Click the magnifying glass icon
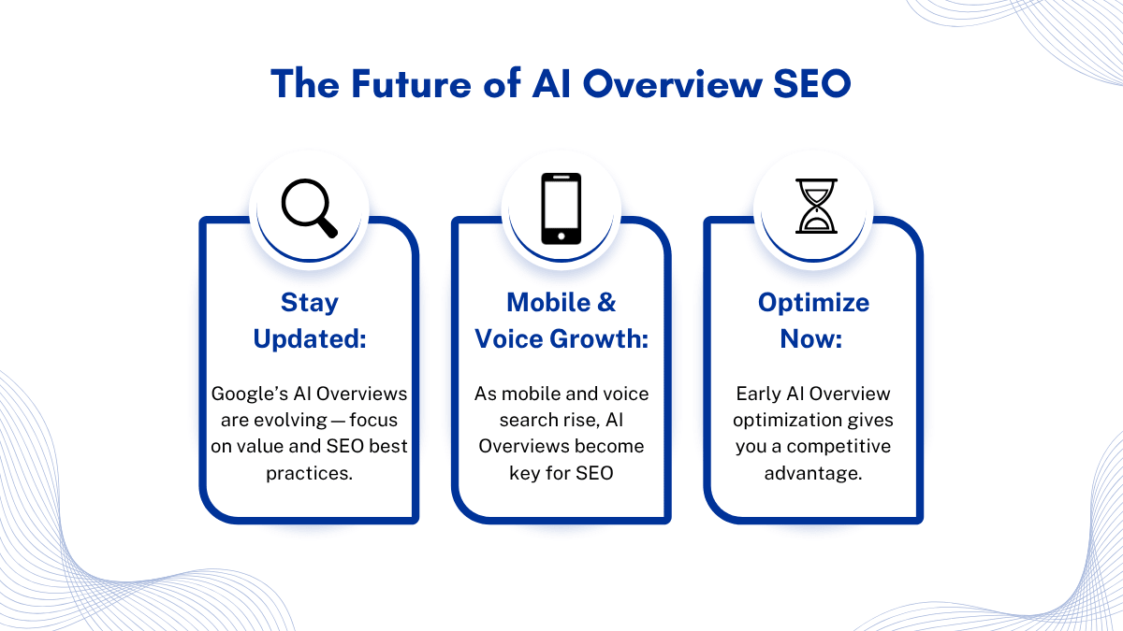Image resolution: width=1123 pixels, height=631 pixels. pyautogui.click(x=310, y=208)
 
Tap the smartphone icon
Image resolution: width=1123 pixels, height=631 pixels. pyautogui.click(x=561, y=208)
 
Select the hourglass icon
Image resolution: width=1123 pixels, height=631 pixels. pyautogui.click(x=816, y=206)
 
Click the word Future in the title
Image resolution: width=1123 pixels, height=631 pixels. pyautogui.click(x=411, y=83)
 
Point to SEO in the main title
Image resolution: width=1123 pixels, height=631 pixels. pyautogui.click(x=811, y=83)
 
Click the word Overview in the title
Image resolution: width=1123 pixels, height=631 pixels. pyautogui.click(x=673, y=83)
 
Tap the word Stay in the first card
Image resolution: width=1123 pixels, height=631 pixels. pyautogui.click(x=310, y=303)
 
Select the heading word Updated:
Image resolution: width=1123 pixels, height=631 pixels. pyautogui.click(x=310, y=339)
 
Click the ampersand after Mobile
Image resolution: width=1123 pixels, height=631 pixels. pyautogui.click(x=606, y=303)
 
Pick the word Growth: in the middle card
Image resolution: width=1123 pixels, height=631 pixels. pyautogui.click(x=599, y=339)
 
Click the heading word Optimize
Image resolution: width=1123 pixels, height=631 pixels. pyautogui.click(x=813, y=304)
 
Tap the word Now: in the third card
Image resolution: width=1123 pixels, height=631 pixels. pyautogui.click(x=810, y=339)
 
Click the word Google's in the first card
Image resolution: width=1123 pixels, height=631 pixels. pyautogui.click(x=249, y=394)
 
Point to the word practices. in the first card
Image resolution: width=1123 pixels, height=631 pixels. pyautogui.click(x=310, y=473)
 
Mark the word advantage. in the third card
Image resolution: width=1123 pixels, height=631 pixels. pyautogui.click(x=813, y=473)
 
